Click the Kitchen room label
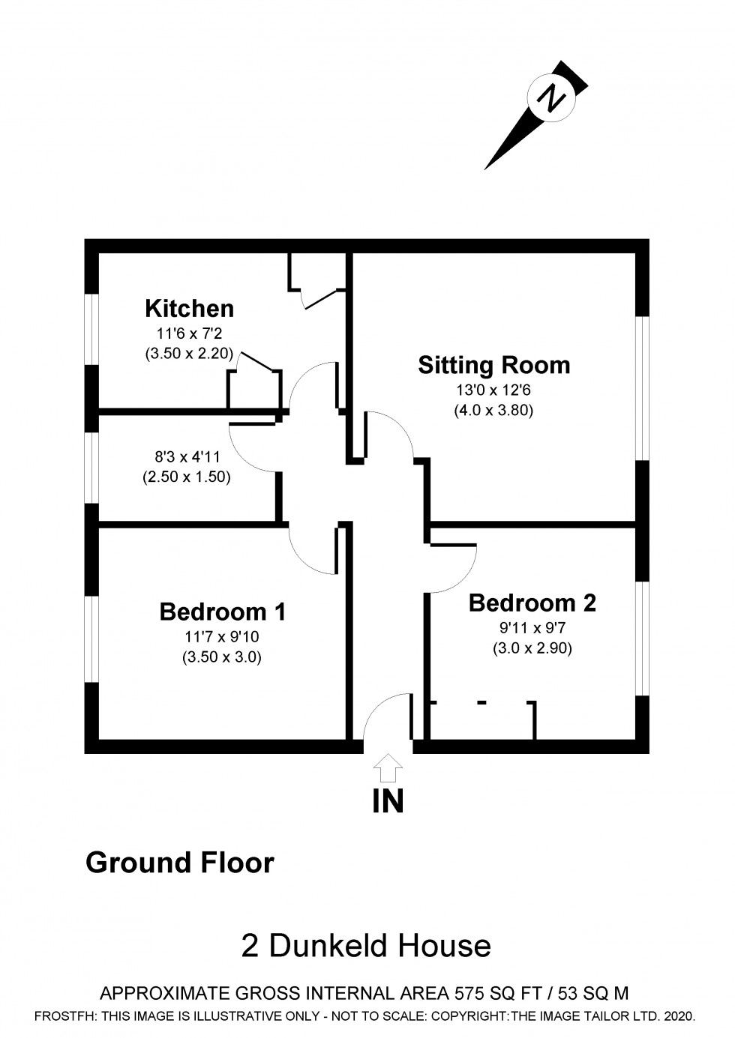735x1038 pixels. tap(189, 308)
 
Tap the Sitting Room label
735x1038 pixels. tap(493, 365)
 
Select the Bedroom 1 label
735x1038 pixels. tap(222, 612)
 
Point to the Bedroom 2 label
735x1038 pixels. tap(532, 603)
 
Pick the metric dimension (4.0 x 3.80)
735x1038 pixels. tap(493, 410)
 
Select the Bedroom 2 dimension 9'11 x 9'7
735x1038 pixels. tap(532, 628)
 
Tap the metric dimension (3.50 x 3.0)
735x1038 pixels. tap(222, 658)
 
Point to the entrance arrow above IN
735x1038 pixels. tap(388, 768)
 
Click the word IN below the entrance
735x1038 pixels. tap(388, 801)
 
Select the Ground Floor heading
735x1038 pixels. tap(180, 863)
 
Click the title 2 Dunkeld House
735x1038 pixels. tap(366, 946)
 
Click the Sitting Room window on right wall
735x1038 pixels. tap(643, 388)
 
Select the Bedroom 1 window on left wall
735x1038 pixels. tap(91, 639)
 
